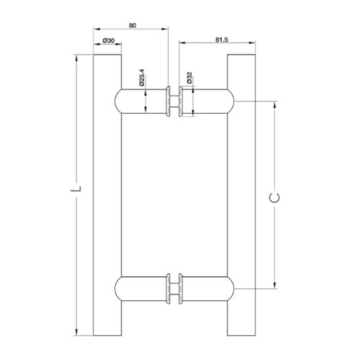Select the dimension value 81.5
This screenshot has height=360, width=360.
[221, 39]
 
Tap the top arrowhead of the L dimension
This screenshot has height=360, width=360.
[76, 58]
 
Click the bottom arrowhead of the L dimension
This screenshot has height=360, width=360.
[76, 333]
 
